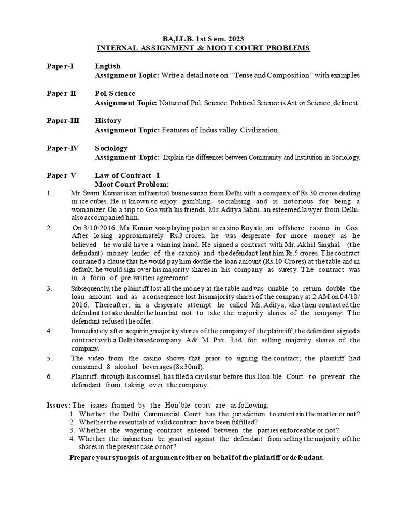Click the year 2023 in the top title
tap(234, 39)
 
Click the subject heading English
tap(107, 66)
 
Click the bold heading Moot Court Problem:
tap(132, 184)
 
